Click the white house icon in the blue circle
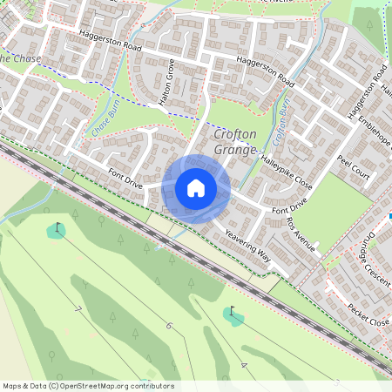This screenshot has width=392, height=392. point(196,188)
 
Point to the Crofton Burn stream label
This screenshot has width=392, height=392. point(280,123)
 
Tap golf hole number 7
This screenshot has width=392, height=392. point(78,309)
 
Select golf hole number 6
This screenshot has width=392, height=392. point(169,327)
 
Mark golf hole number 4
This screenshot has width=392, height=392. point(245,365)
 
